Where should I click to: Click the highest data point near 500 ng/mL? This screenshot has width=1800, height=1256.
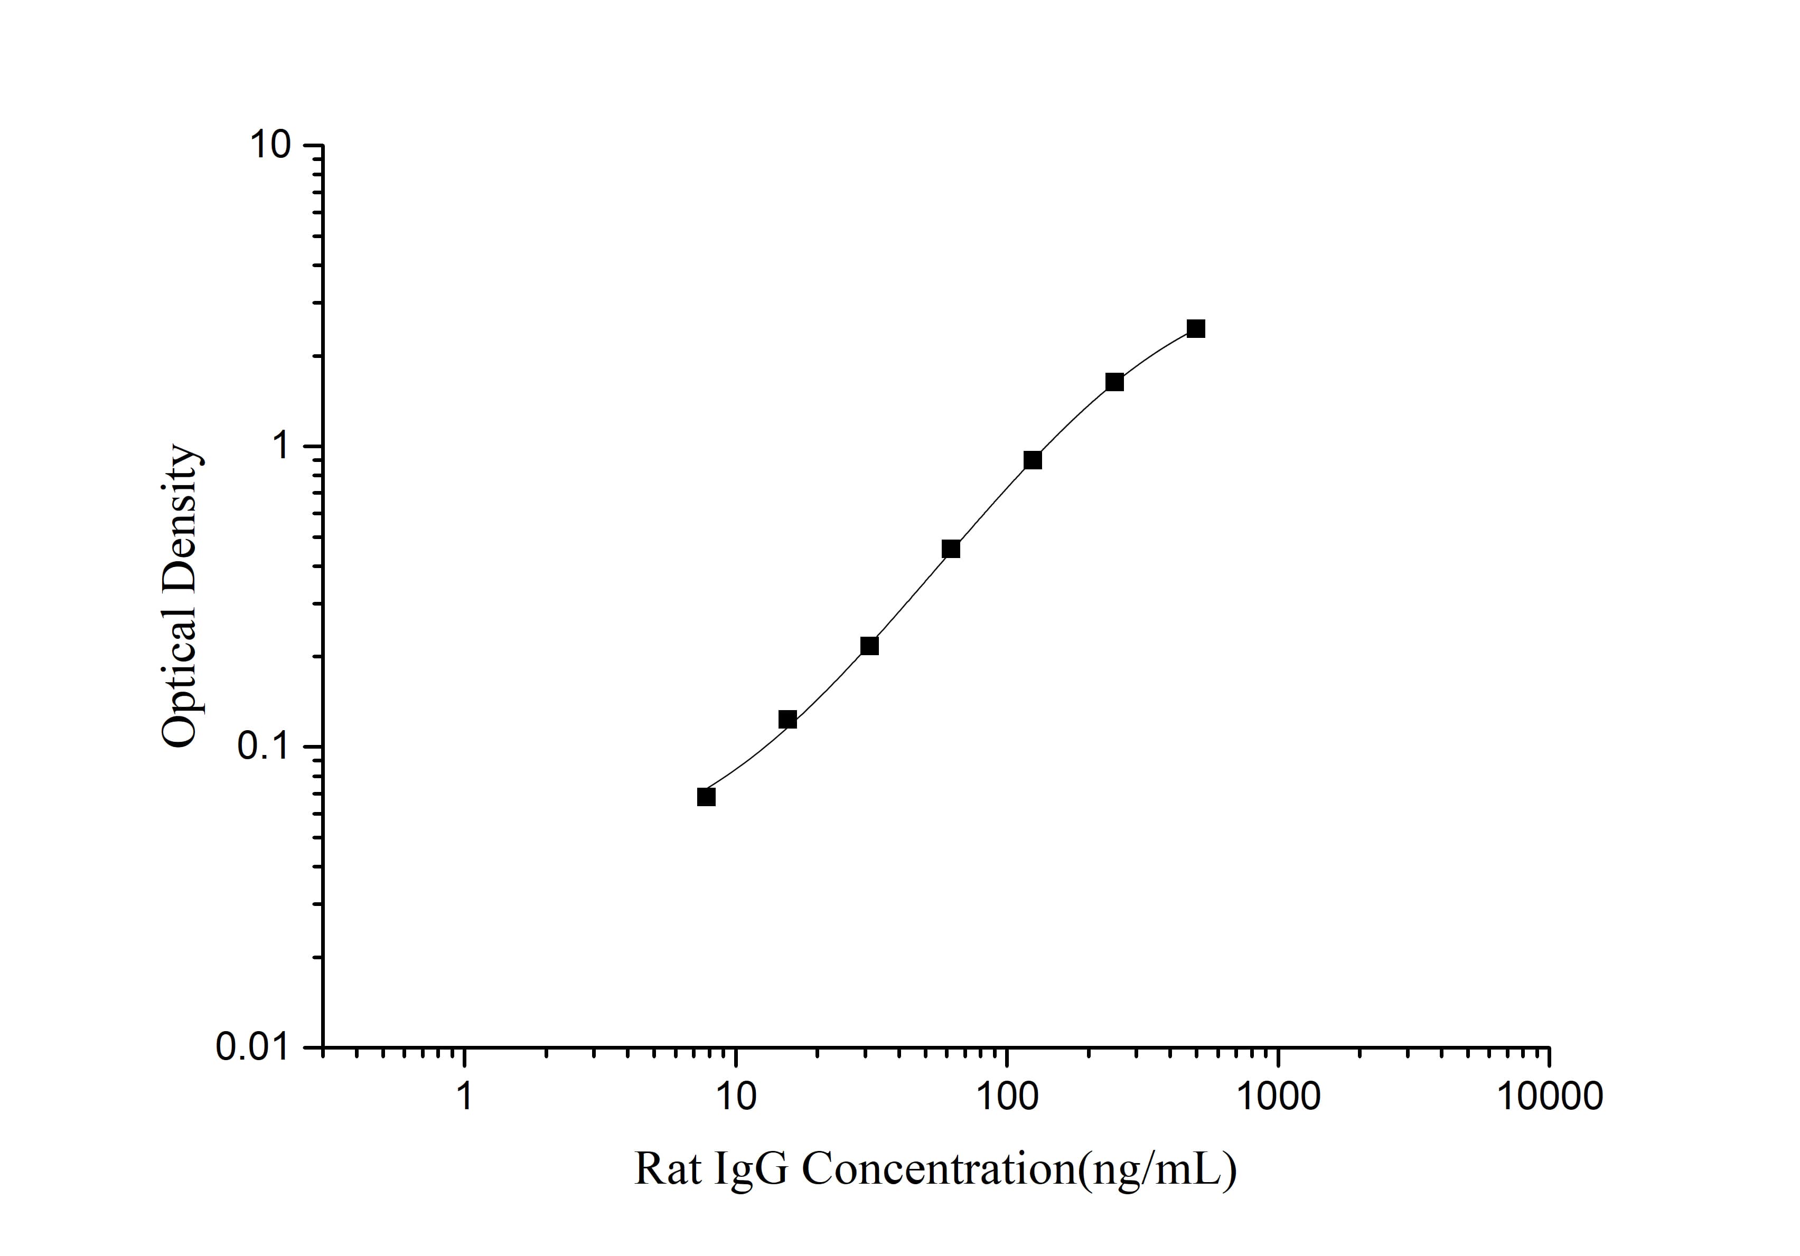coord(1196,329)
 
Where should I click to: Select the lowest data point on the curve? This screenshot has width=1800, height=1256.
coord(706,797)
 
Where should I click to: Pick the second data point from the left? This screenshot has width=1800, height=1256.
coord(788,719)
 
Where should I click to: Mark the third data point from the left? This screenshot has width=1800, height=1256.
coord(869,646)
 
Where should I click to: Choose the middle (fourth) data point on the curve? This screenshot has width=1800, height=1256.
coord(951,549)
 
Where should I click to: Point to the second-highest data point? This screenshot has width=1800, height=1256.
coord(1114,382)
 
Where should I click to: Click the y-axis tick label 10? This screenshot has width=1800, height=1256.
coord(270,146)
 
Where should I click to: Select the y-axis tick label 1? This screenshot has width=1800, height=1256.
coord(280,447)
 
